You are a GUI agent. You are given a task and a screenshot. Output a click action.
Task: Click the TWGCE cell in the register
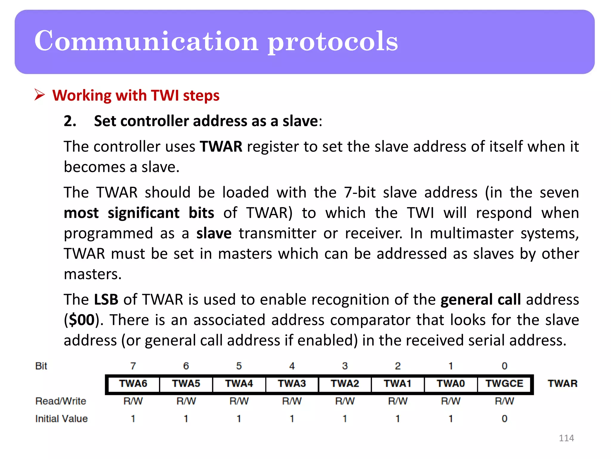tap(504, 384)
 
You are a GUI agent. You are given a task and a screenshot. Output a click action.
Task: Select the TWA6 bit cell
tap(133, 384)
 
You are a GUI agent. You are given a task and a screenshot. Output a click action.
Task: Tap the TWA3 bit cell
tap(292, 384)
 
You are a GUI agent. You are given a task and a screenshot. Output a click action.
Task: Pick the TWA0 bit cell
tap(451, 384)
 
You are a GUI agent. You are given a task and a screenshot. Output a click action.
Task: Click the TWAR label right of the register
tap(562, 383)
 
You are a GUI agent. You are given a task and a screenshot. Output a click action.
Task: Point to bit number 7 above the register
tap(133, 366)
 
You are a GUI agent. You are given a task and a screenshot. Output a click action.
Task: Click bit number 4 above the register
tap(292, 366)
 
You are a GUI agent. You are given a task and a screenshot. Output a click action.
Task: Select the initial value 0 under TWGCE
tap(504, 419)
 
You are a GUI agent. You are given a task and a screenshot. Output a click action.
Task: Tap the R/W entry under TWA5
tap(186, 401)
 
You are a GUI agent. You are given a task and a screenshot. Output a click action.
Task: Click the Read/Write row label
tap(61, 401)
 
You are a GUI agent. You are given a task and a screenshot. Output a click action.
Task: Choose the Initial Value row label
tap(61, 419)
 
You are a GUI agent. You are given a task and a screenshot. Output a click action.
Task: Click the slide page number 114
tap(566, 438)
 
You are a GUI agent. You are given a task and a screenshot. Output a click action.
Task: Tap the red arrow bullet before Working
tap(39, 95)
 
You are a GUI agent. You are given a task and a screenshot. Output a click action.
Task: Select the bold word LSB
tap(106, 299)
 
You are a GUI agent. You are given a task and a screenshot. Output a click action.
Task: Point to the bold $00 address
tap(82, 320)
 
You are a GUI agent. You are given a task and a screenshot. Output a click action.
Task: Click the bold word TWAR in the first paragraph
tap(221, 147)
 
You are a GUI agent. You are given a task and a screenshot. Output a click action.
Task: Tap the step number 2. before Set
tap(70, 121)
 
